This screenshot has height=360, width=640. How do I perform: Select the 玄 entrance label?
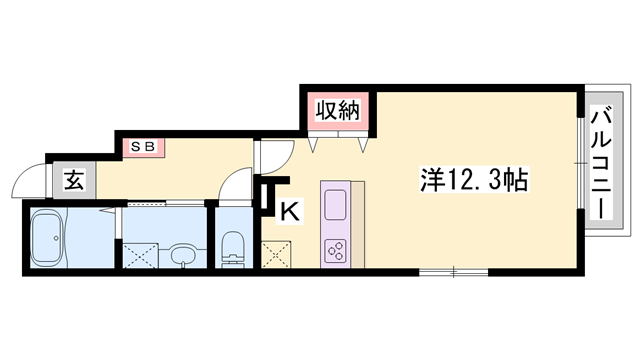74,181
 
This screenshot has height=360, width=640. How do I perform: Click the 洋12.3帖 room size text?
473,181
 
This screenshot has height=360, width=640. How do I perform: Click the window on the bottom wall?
453,271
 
